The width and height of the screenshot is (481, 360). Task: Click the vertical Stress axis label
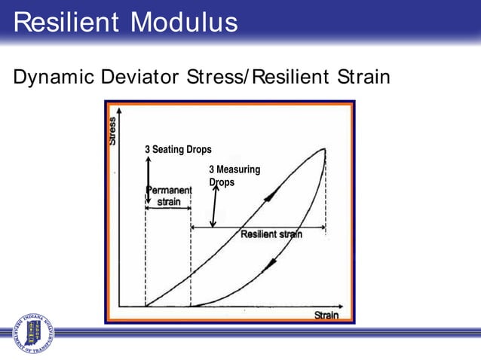tap(113, 131)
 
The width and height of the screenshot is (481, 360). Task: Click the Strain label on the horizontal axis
tap(326, 316)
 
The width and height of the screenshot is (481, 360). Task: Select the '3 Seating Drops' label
tap(178, 149)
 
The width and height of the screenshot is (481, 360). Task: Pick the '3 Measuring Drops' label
tap(234, 175)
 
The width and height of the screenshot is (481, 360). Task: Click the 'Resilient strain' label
tap(271, 234)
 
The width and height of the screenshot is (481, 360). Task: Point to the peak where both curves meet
tap(325, 148)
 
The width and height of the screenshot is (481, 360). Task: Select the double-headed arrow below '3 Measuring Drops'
tap(215, 206)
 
